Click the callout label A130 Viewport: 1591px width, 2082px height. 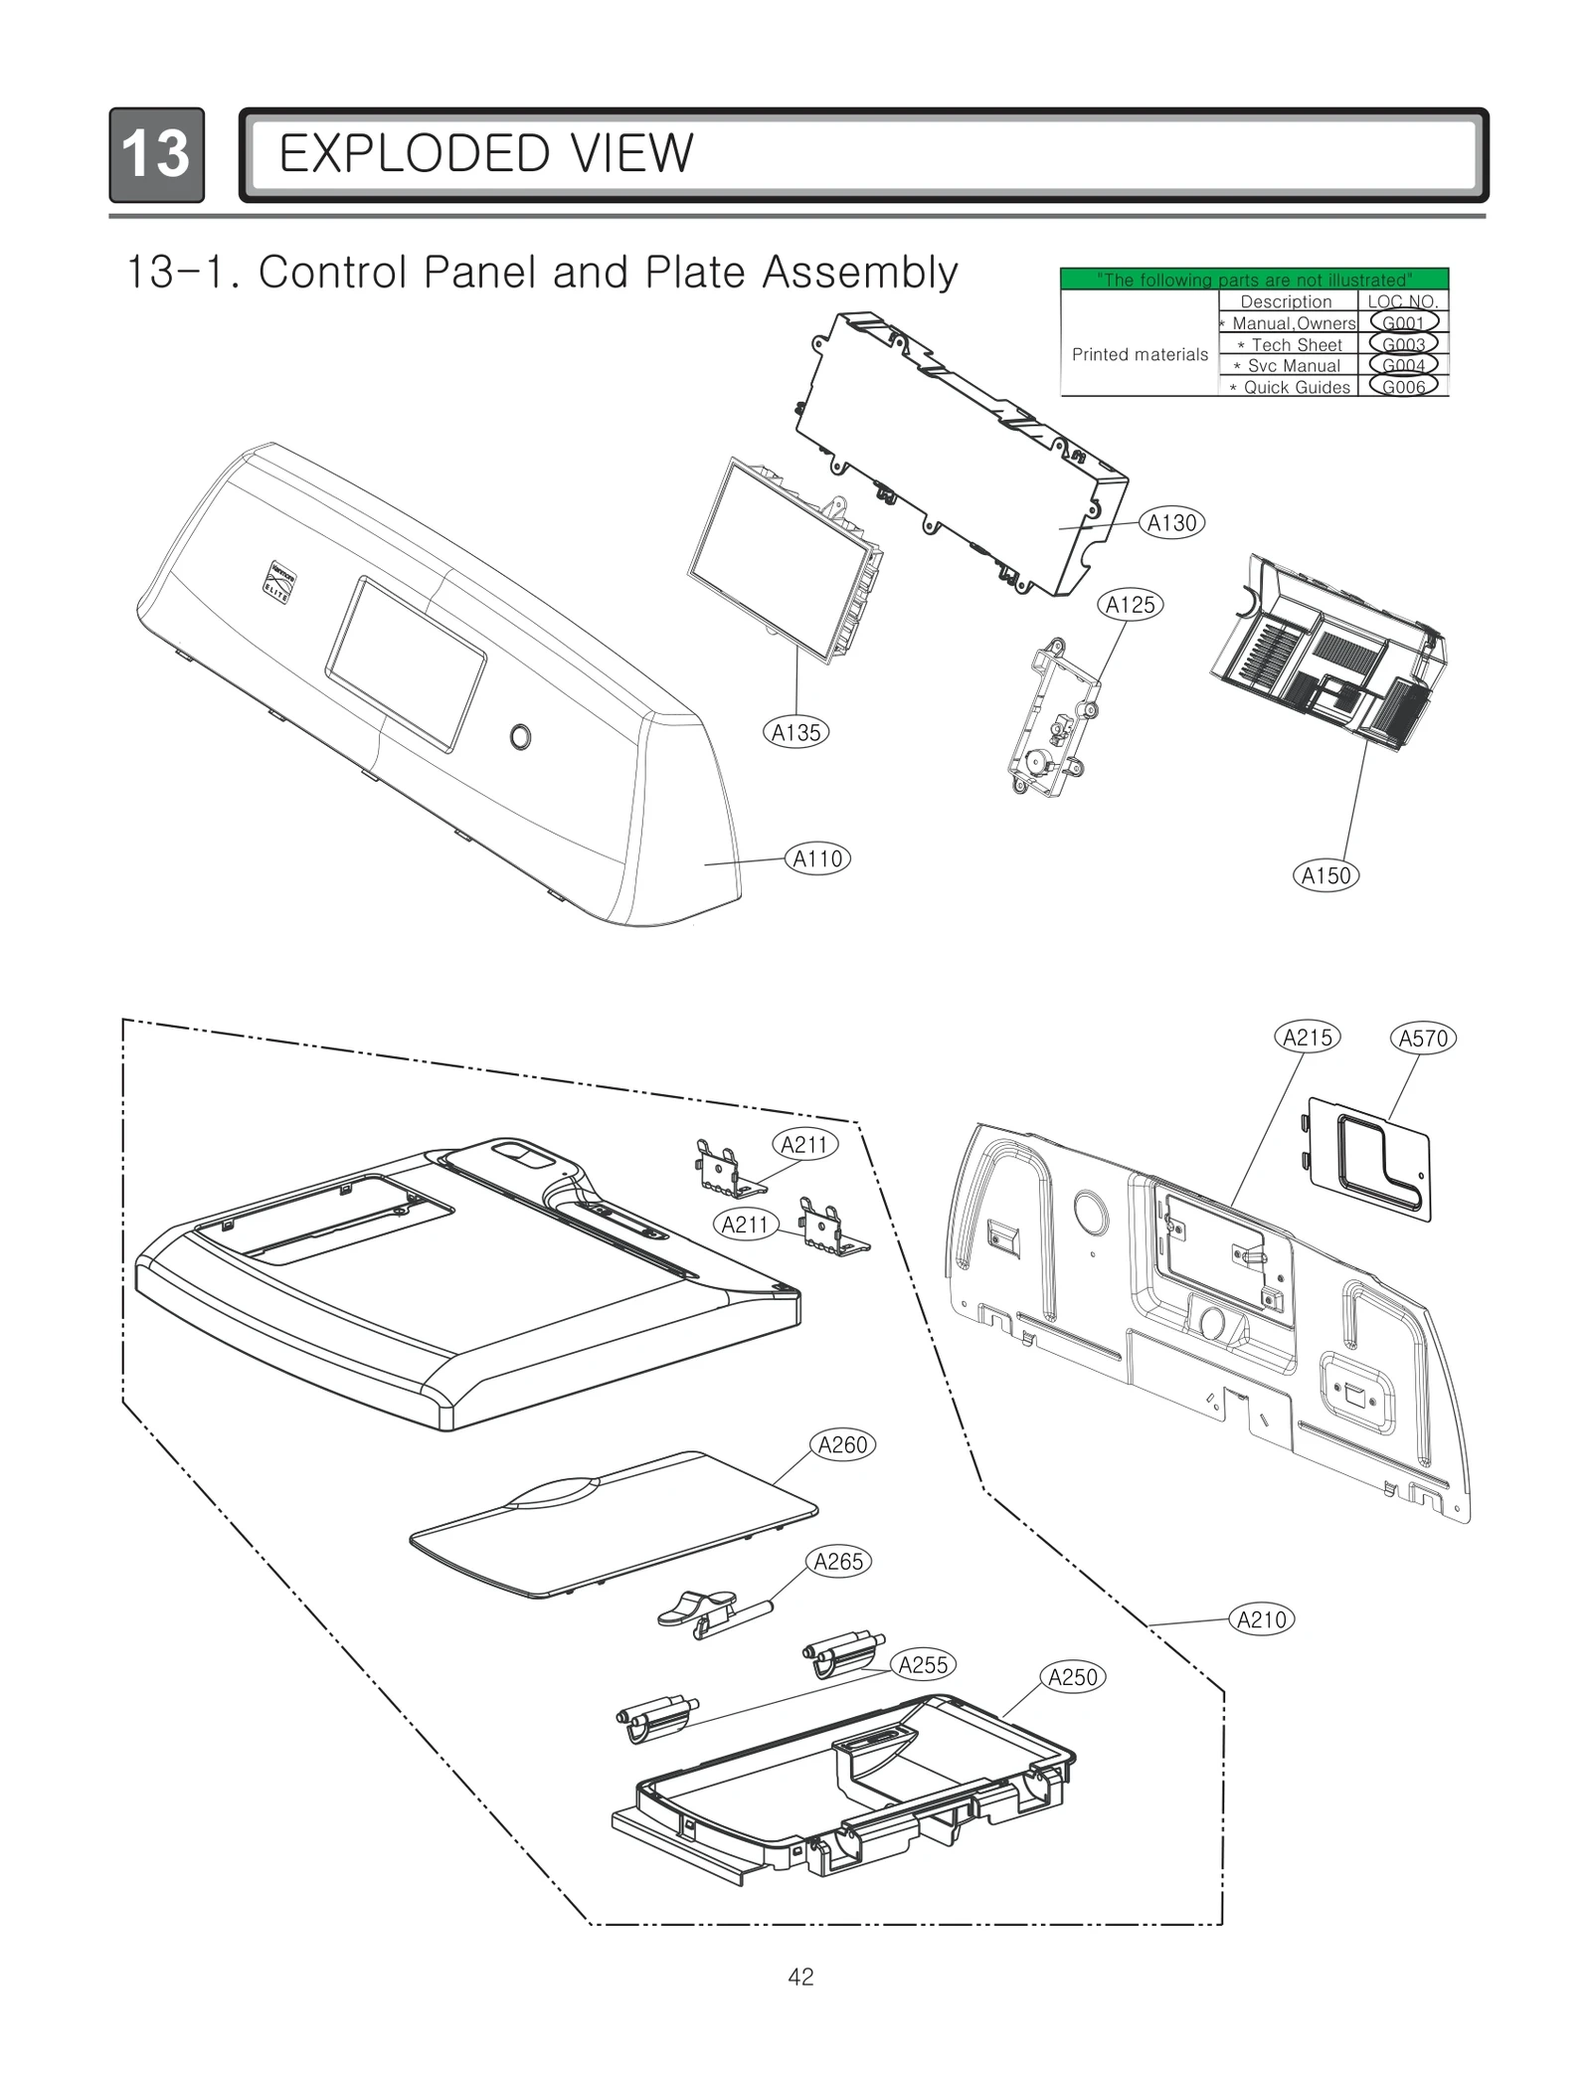pyautogui.click(x=1171, y=522)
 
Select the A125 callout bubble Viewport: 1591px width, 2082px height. pyautogui.click(x=1131, y=604)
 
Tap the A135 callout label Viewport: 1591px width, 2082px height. pyautogui.click(x=796, y=732)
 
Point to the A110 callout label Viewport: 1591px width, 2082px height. pyautogui.click(x=817, y=858)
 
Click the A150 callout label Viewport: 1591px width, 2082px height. pyautogui.click(x=1326, y=875)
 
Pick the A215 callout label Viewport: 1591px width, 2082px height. pyautogui.click(x=1307, y=1038)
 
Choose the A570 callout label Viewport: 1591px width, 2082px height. pyautogui.click(x=1423, y=1039)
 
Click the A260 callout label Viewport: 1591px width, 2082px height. pyautogui.click(x=842, y=1444)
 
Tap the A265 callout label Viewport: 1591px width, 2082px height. pyautogui.click(x=838, y=1562)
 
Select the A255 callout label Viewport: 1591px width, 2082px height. pyautogui.click(x=923, y=1664)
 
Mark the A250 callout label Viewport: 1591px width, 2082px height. pyautogui.click(x=1073, y=1677)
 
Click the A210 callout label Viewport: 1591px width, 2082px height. pyautogui.click(x=1261, y=1619)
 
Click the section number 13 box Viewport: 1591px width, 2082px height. pyautogui.click(x=156, y=154)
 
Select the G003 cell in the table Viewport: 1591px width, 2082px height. pyautogui.click(x=1403, y=344)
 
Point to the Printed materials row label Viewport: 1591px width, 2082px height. pyautogui.click(x=1140, y=354)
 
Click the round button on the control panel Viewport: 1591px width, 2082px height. pyautogui.click(x=519, y=737)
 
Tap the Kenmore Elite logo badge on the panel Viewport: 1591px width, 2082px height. pyautogui.click(x=275, y=580)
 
